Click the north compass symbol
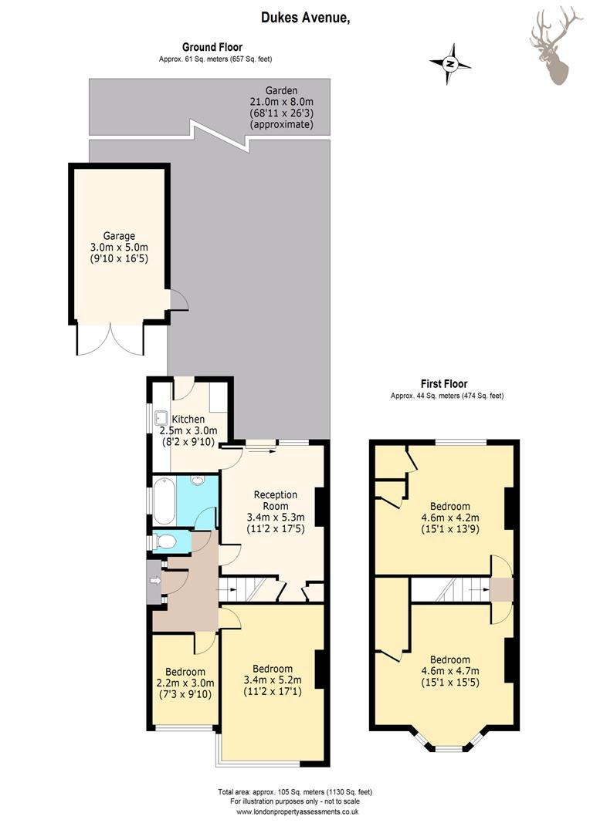[x=450, y=64]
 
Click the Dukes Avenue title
[x=305, y=18]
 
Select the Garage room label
[x=119, y=235]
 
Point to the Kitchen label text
[x=188, y=419]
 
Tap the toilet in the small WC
[x=165, y=542]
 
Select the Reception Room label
[x=276, y=500]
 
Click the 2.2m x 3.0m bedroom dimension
[x=185, y=683]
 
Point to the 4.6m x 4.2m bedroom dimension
[x=450, y=518]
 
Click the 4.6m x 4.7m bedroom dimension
[x=450, y=671]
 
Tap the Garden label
[x=281, y=90]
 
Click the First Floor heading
[x=444, y=383]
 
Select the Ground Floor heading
[x=212, y=47]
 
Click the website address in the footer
[x=297, y=811]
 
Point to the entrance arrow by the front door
[x=155, y=582]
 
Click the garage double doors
[x=110, y=339]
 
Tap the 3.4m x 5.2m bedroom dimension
[x=273, y=680]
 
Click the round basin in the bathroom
[x=198, y=481]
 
